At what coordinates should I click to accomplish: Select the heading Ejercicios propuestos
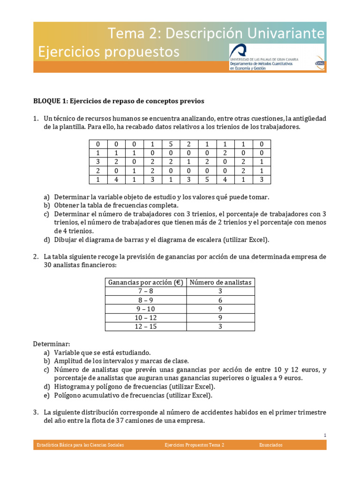[109, 52]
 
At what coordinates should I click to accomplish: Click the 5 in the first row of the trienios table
[171, 144]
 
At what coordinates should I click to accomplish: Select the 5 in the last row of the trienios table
[207, 180]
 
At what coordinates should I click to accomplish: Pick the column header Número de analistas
[220, 282]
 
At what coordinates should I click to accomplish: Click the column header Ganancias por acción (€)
[145, 282]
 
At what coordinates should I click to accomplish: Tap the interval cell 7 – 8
[145, 291]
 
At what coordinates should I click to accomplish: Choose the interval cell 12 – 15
[145, 327]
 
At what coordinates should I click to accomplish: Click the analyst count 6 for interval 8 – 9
[220, 300]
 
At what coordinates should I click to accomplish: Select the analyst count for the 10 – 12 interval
[220, 318]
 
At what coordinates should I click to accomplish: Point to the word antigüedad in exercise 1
[309, 118]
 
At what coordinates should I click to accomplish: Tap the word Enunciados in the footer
[271, 445]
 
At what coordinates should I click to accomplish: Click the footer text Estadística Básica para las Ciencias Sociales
[80, 445]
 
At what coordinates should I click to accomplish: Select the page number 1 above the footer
[324, 435]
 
